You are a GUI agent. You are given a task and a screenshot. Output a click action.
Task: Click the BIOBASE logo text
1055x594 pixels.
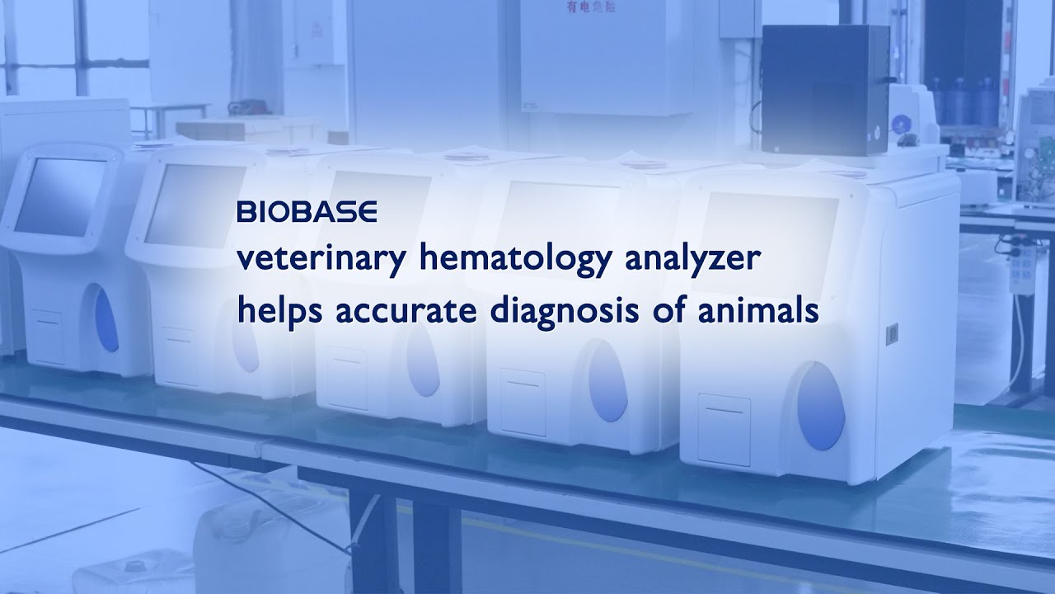point(307,213)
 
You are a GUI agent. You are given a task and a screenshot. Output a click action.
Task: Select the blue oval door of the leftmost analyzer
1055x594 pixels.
point(105,318)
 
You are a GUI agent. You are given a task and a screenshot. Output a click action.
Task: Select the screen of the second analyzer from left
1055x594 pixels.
point(195,204)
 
